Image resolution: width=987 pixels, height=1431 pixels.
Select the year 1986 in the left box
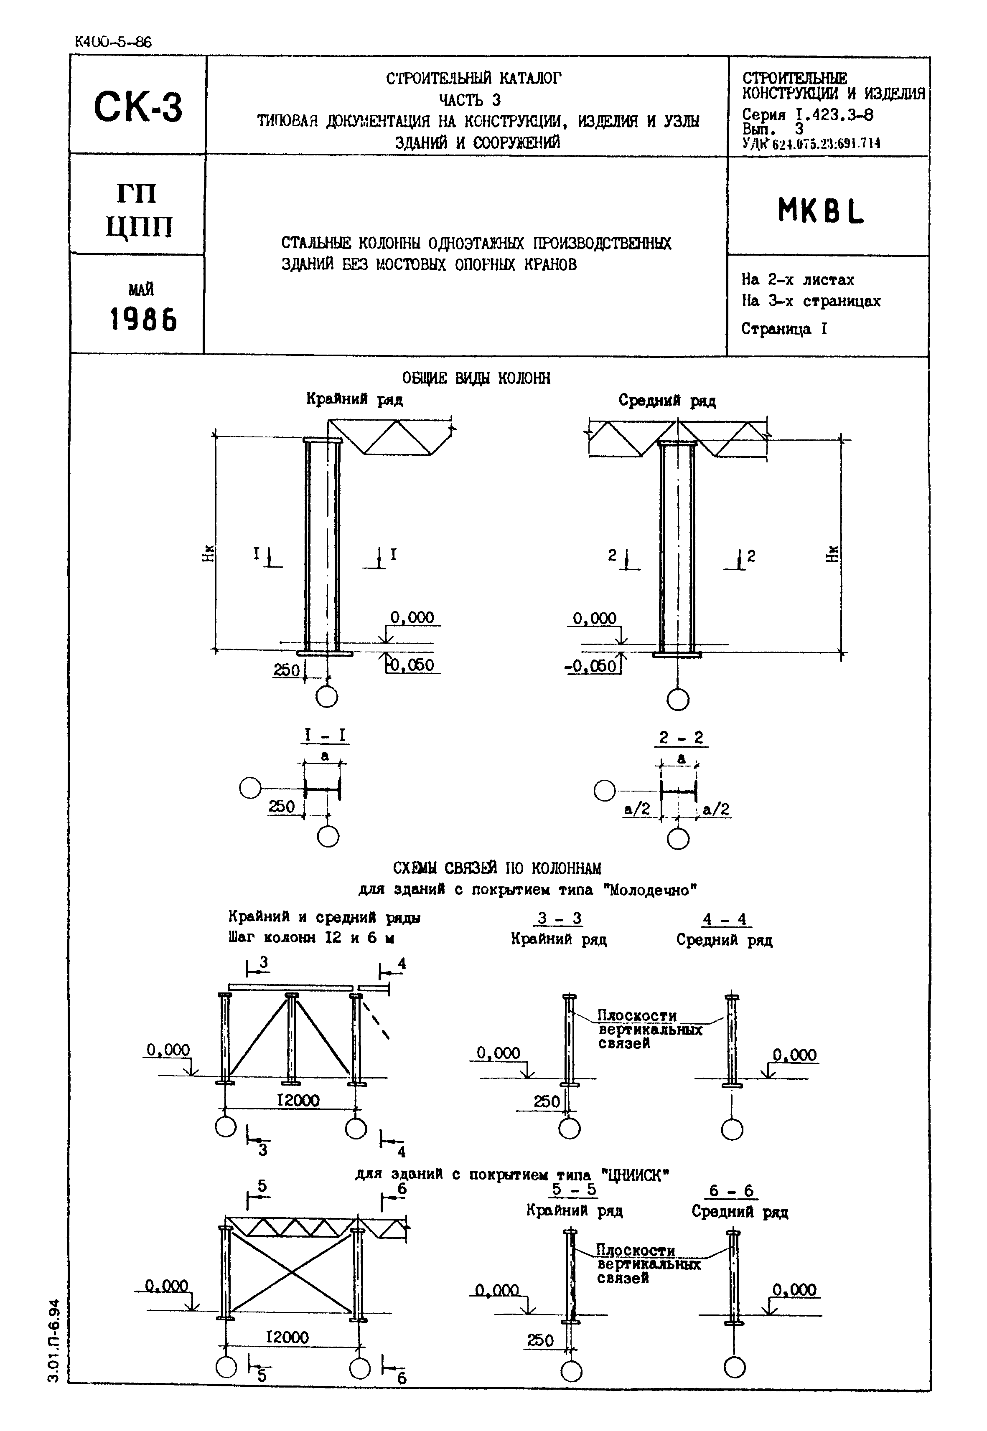coord(143,320)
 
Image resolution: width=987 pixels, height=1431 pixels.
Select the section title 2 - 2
coord(681,738)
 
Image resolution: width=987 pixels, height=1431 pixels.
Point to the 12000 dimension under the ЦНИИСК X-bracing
coord(287,1337)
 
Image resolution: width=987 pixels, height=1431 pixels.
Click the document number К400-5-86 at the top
coord(112,42)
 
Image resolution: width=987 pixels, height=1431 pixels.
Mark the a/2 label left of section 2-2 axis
coord(636,809)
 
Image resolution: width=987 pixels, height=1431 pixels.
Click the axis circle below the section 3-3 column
coord(569,1129)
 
